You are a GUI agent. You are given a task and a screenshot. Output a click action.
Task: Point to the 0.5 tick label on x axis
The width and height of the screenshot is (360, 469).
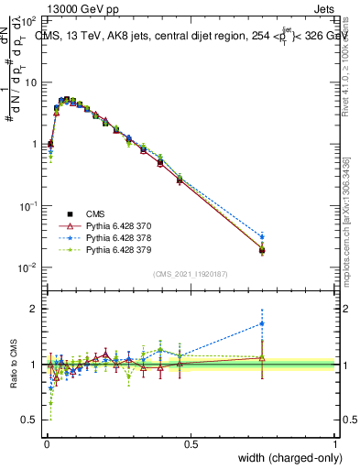click(191, 443)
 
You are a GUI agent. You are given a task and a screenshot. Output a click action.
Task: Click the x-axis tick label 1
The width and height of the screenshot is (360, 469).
click(335, 443)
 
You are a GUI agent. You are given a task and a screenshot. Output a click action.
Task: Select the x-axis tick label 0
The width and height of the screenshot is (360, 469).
click(46, 443)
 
